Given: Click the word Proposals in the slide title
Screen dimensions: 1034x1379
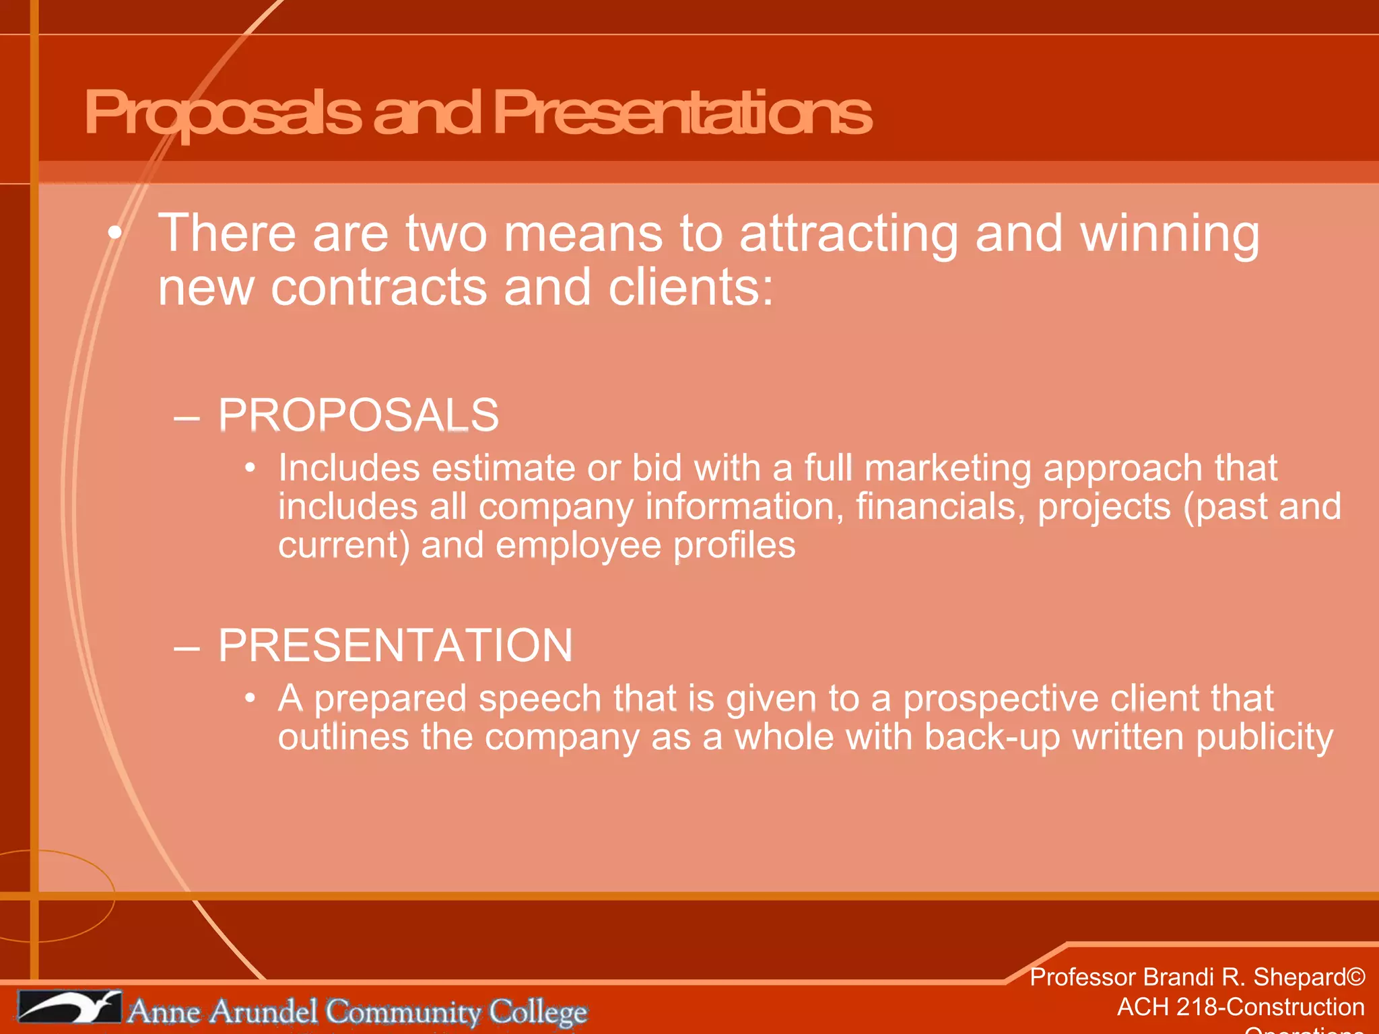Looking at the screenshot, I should pyautogui.click(x=222, y=113).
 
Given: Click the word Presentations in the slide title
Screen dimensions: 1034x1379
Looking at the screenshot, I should pyautogui.click(x=682, y=113).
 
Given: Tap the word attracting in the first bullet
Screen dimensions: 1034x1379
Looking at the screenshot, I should pyautogui.click(x=848, y=234).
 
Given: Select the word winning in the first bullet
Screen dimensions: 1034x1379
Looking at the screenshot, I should pyautogui.click(x=1170, y=234).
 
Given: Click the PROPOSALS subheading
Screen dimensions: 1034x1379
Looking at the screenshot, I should pyautogui.click(x=358, y=415).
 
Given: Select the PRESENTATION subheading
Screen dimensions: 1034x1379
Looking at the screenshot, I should pyautogui.click(x=395, y=646).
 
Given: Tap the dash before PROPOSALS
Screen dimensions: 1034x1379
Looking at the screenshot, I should pyautogui.click(x=187, y=417).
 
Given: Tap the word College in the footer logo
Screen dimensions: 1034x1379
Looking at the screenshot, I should pyautogui.click(x=538, y=1012).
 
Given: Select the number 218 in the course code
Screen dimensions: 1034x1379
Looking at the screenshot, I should pyautogui.click(x=1200, y=1007).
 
